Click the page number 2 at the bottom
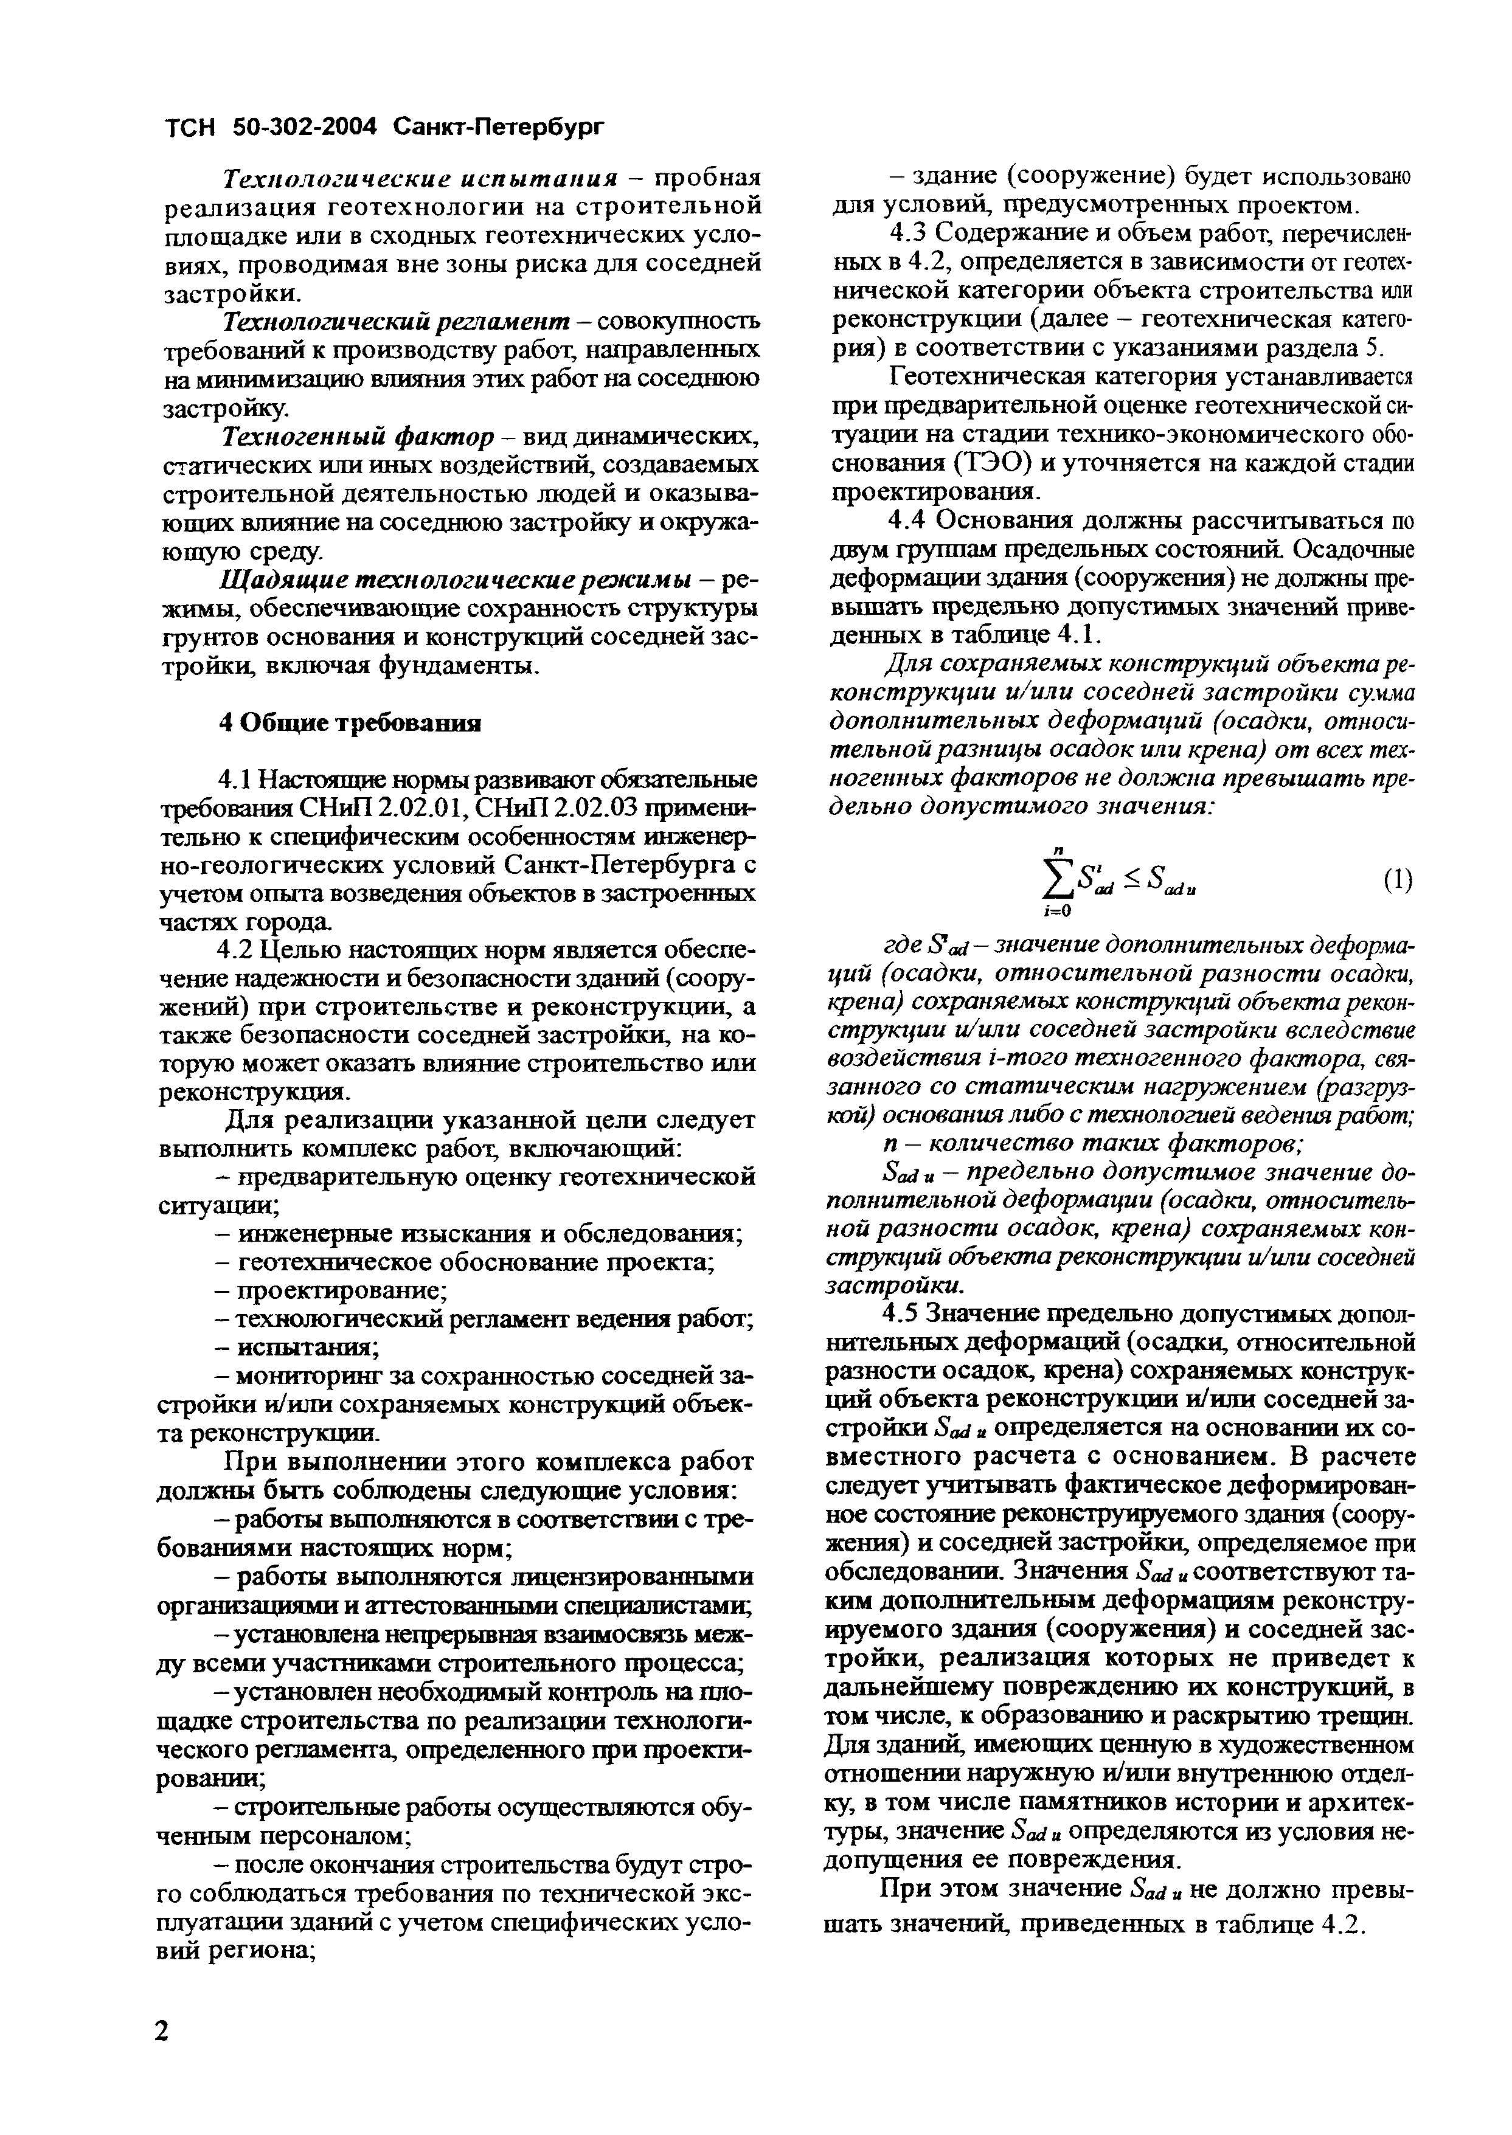[x=161, y=2029]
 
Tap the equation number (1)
[x=1396, y=879]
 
